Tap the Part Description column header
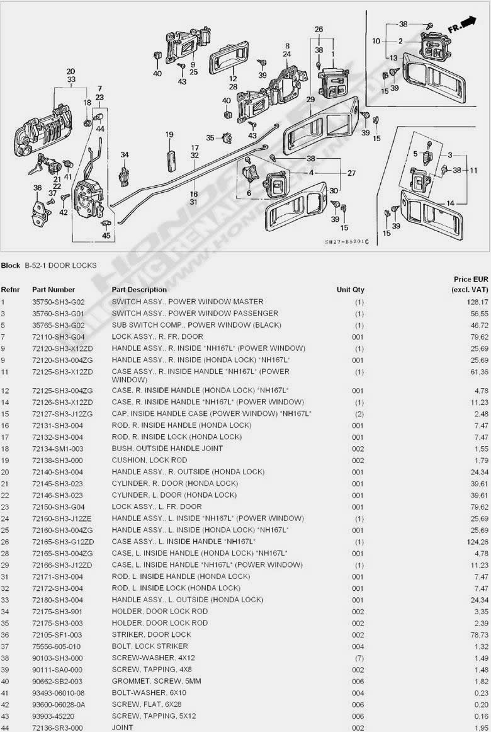tap(139, 290)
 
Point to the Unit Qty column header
tap(350, 290)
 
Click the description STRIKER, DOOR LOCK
tap(151, 634)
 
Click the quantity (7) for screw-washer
tap(358, 658)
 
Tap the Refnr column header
tap(11, 290)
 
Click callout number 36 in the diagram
tap(37, 187)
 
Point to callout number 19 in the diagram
tap(169, 135)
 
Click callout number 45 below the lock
tap(106, 236)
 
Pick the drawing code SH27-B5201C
tap(347, 242)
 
